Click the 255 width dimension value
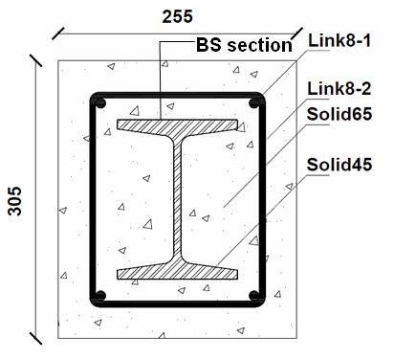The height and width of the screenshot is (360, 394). [177, 16]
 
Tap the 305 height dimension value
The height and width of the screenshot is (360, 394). [14, 201]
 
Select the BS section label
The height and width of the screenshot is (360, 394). [244, 45]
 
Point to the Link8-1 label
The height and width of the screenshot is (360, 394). [339, 40]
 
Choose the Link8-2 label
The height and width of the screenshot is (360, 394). [339, 88]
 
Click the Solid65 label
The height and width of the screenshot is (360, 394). [339, 114]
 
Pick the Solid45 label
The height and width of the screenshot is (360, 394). [339, 165]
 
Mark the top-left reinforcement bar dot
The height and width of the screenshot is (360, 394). [100, 103]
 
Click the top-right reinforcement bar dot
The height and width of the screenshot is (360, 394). [254, 103]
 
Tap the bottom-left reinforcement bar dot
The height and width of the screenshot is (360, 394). [100, 296]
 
